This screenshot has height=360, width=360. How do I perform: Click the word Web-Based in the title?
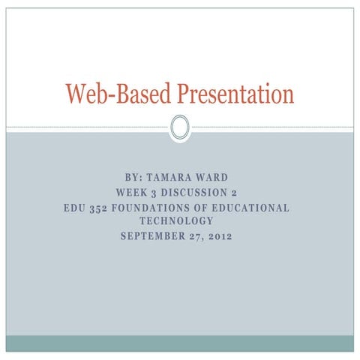point(118,94)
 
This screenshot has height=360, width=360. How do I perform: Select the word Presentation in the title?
point(235,94)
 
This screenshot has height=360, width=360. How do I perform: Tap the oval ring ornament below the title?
point(180,127)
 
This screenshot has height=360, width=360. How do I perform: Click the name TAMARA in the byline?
point(169,178)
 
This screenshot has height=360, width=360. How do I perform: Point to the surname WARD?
point(211,178)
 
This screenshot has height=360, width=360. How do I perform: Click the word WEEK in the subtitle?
point(131,193)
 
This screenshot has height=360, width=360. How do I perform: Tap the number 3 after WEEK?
point(154,193)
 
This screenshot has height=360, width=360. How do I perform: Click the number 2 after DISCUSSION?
point(234,193)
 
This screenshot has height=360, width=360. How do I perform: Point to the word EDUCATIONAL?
point(250,208)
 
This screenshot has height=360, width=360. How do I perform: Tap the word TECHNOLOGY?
point(176,220)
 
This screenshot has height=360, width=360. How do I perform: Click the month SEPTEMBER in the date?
point(153,236)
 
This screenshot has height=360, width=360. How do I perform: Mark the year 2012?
point(220,236)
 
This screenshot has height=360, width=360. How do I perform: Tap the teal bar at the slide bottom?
point(180,343)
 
